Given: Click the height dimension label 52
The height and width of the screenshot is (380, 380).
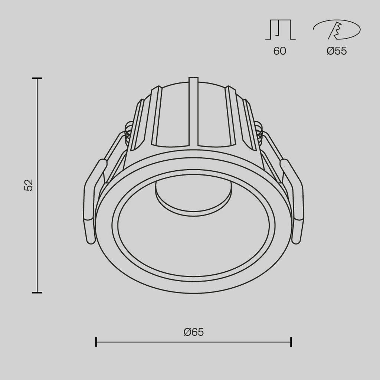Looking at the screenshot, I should click(29, 185).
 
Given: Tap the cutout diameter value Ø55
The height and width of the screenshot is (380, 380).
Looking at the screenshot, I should click(337, 51).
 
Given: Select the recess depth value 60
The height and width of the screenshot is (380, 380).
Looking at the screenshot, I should click(280, 51).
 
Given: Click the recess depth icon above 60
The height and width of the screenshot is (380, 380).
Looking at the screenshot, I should click(280, 30).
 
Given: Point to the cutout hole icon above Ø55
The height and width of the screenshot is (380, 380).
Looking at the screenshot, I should click(337, 30).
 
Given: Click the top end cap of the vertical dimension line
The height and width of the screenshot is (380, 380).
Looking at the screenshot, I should click(37, 79).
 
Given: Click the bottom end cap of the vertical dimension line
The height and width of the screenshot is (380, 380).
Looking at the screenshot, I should click(37, 292).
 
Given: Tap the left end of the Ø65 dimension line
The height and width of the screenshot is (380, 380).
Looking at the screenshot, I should click(96, 342).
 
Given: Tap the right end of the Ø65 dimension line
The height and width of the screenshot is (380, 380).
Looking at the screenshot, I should click(291, 342).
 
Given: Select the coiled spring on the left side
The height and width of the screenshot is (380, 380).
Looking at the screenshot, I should click(128, 132).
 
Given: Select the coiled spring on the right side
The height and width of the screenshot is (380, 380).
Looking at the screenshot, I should click(259, 132).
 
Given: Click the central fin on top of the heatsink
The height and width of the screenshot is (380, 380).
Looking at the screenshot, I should click(193, 111).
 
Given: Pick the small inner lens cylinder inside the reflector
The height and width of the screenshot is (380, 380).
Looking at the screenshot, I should click(193, 197).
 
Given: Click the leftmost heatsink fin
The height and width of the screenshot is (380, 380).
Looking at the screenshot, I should click(137, 122).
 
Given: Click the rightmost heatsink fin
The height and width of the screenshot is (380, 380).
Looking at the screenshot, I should click(249, 122).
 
